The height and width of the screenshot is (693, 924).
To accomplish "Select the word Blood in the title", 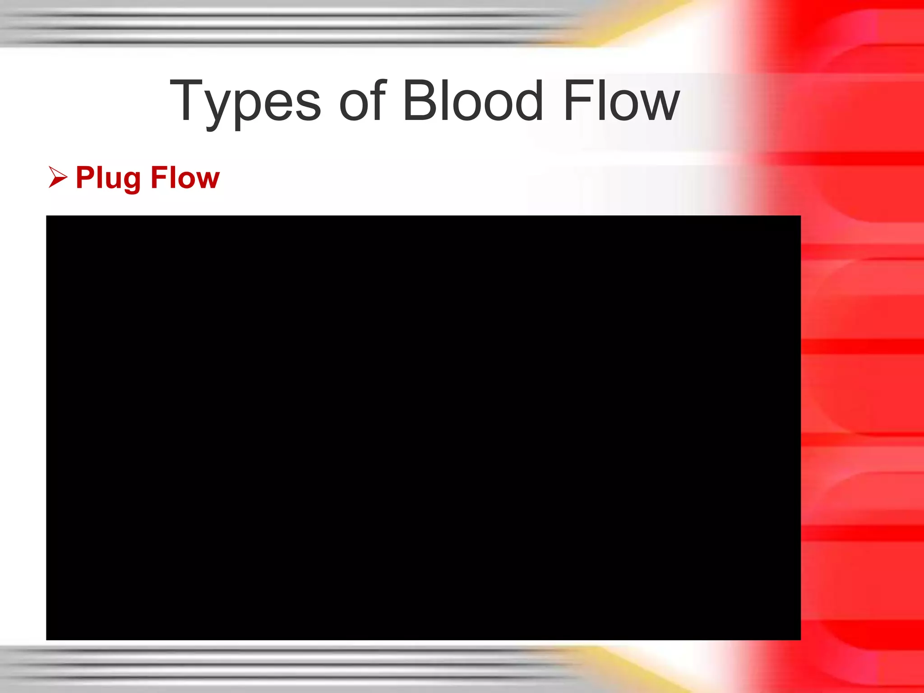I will click(x=472, y=100).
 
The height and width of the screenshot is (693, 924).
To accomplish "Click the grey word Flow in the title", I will click(x=621, y=100).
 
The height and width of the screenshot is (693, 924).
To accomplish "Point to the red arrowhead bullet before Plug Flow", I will click(x=57, y=177).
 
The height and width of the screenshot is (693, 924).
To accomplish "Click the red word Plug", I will click(x=108, y=178).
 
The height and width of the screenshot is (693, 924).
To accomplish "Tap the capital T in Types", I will click(x=186, y=100).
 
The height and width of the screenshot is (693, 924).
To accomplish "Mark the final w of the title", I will click(x=661, y=106).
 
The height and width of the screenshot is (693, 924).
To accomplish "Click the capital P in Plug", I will click(x=85, y=177).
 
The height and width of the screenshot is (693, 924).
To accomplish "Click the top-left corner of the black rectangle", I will click(x=47, y=216).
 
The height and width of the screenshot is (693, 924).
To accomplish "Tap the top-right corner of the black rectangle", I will click(x=800, y=216).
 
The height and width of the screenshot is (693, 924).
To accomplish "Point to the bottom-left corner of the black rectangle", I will click(x=47, y=639).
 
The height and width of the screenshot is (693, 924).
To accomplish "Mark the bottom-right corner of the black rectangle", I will click(x=800, y=639).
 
